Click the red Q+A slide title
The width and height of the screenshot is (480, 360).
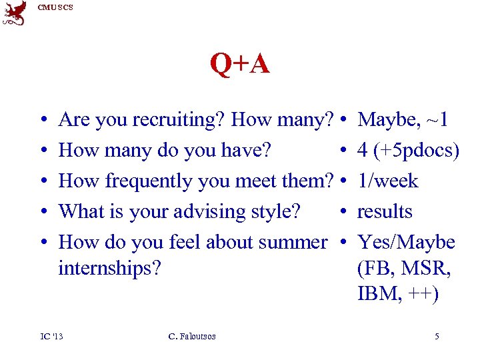pyautogui.click(x=240, y=65)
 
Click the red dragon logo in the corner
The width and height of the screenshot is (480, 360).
pyautogui.click(x=15, y=13)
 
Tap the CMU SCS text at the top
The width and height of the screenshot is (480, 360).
pyautogui.click(x=55, y=7)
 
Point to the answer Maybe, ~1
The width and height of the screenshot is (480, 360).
pyautogui.click(x=403, y=120)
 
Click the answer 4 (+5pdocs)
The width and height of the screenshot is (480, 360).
pyautogui.click(x=408, y=151)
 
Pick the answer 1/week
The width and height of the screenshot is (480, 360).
pyautogui.click(x=387, y=181)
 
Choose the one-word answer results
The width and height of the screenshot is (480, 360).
pyautogui.click(x=385, y=211)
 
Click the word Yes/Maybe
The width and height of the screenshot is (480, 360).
pyautogui.click(x=406, y=242)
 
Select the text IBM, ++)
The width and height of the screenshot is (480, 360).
pyautogui.click(x=398, y=295)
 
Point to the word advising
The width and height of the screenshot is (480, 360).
pyautogui.click(x=211, y=212)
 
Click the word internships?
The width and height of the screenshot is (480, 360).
pyautogui.click(x=110, y=269)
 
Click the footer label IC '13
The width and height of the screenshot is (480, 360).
pyautogui.click(x=51, y=337)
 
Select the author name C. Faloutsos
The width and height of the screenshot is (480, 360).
pyautogui.click(x=192, y=337)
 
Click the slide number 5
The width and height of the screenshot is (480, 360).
pyautogui.click(x=437, y=337)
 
